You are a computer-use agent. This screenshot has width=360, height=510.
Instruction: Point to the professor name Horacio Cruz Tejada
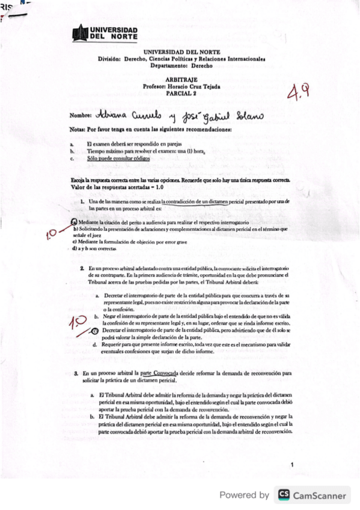pos(194,87)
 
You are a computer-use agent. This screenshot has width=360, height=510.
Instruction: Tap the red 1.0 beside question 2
pos(76,325)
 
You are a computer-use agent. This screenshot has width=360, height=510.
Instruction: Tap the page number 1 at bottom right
pos(291,465)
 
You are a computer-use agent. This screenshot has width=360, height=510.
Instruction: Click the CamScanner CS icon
pos(282,495)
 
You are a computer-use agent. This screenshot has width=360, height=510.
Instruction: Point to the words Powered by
pos(244,495)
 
